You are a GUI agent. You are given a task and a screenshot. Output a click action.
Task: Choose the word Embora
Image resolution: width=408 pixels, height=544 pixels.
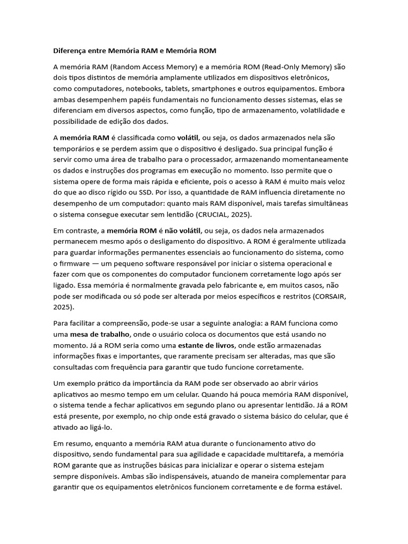[330, 88]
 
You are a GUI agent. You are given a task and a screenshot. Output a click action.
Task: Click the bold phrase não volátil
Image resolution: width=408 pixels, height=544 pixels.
[183, 230]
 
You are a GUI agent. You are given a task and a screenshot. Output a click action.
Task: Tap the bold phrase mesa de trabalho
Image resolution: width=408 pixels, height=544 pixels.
[100, 334]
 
